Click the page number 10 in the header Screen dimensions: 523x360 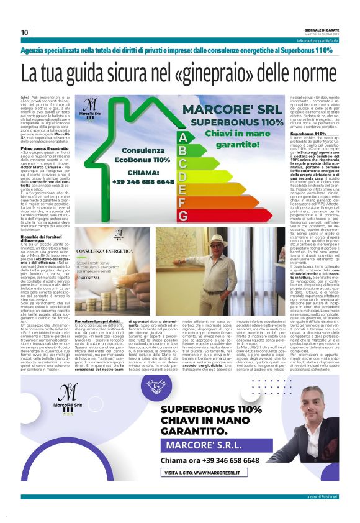pos(24,32)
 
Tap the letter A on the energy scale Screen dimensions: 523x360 pos(182,137)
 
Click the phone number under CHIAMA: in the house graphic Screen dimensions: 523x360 pos(143,183)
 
